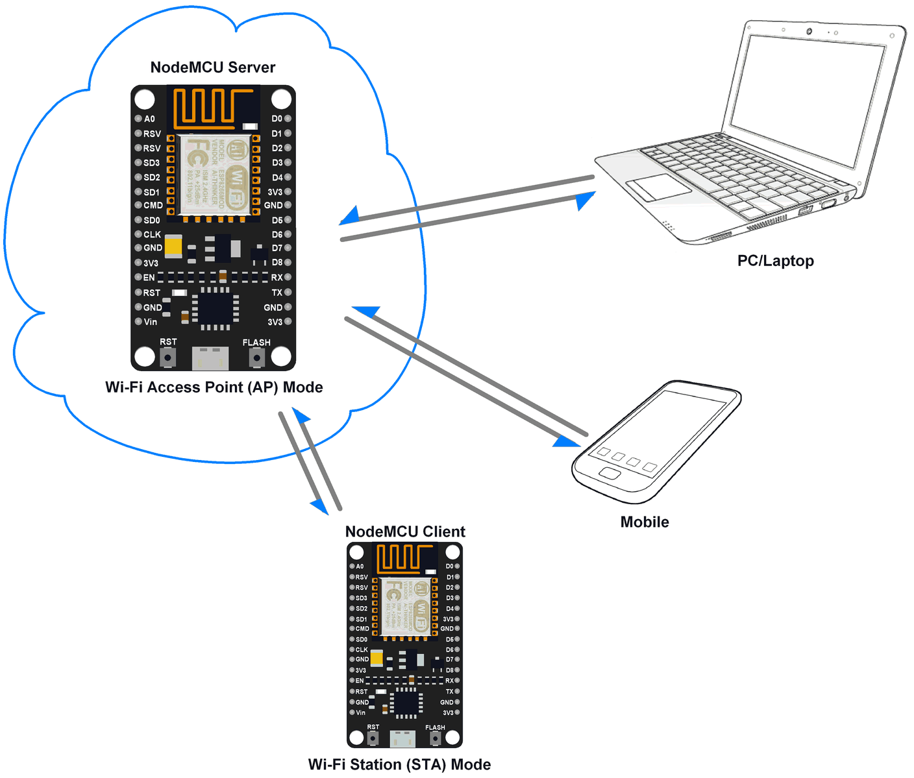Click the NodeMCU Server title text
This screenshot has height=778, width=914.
[212, 67]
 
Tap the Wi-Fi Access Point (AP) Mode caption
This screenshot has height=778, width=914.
[214, 387]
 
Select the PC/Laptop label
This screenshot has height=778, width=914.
[775, 261]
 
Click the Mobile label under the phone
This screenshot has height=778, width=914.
[644, 522]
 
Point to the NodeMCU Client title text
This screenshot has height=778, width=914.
[405, 532]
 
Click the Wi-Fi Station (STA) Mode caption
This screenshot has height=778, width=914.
[399, 764]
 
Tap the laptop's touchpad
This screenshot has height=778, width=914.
[658, 187]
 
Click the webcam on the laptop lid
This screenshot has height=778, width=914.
[809, 32]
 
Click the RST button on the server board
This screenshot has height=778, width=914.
[168, 357]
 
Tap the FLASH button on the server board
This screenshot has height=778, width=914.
[257, 358]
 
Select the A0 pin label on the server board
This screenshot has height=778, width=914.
[149, 119]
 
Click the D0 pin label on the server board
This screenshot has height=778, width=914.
[277, 119]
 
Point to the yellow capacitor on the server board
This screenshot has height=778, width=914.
[173, 246]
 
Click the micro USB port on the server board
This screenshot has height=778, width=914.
[210, 358]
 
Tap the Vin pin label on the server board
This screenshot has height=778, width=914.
[150, 322]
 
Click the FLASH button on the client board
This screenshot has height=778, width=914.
[435, 738]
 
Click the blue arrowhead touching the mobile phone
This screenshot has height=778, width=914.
[567, 442]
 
